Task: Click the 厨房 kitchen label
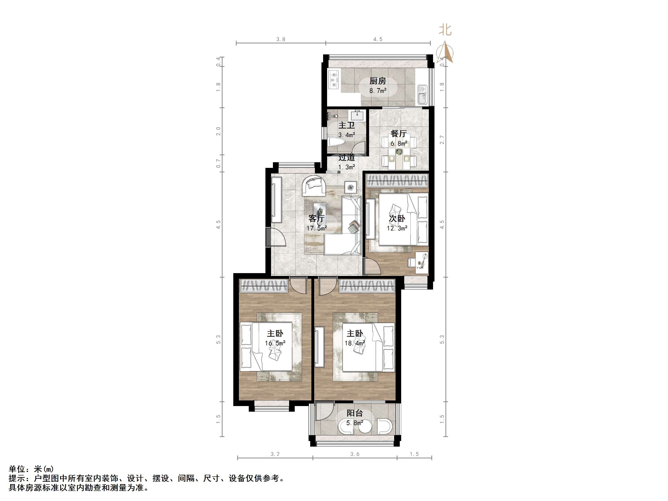(377, 81)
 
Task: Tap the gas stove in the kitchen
(334, 80)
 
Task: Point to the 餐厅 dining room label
(398, 133)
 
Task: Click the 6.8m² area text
(398, 143)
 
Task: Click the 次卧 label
(397, 218)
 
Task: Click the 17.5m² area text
(317, 228)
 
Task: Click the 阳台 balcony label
(355, 413)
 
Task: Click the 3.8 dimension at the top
(281, 39)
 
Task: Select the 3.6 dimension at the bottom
(355, 454)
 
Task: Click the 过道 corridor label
(346, 158)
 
